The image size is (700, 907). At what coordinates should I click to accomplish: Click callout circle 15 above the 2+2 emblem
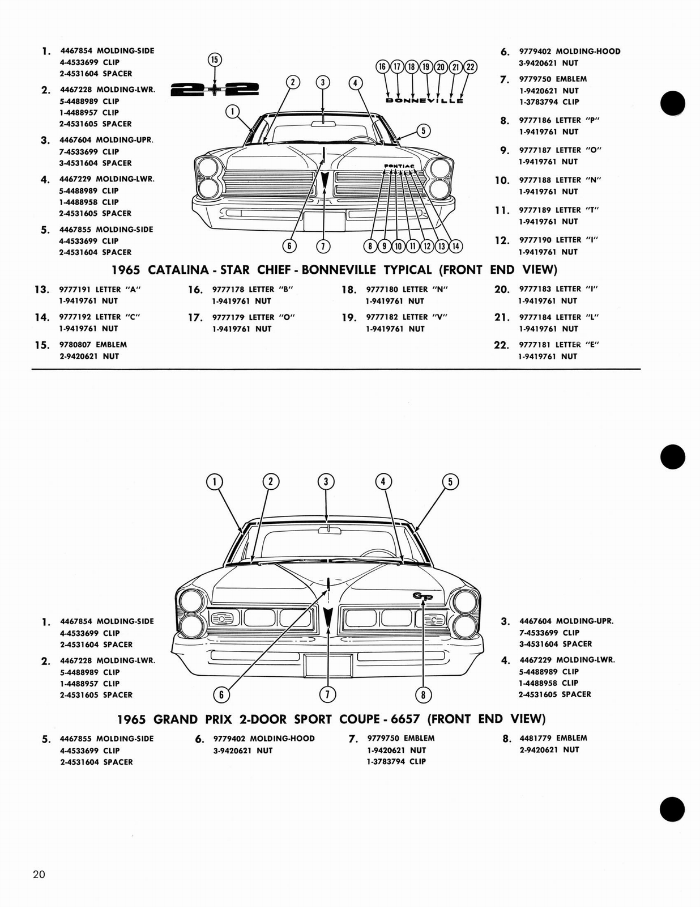[x=215, y=60]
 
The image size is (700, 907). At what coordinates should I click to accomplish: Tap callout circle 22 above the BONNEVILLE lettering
[x=470, y=67]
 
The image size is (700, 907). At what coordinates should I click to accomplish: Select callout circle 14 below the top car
[x=455, y=246]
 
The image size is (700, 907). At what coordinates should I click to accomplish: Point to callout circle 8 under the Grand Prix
[x=423, y=694]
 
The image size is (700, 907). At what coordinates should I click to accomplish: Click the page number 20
[x=39, y=874]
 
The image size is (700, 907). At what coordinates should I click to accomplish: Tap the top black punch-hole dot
[x=673, y=103]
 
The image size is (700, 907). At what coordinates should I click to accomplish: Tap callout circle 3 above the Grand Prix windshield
[x=326, y=482]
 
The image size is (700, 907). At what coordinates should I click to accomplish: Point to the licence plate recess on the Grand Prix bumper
[x=327, y=666]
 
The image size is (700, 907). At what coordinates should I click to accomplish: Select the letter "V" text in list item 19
[x=439, y=317]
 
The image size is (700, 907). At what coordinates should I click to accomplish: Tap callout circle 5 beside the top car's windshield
[x=422, y=131]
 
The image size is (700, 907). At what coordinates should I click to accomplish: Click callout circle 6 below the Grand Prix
[x=221, y=694]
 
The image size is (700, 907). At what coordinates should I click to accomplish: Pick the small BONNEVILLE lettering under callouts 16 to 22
[x=424, y=101]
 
